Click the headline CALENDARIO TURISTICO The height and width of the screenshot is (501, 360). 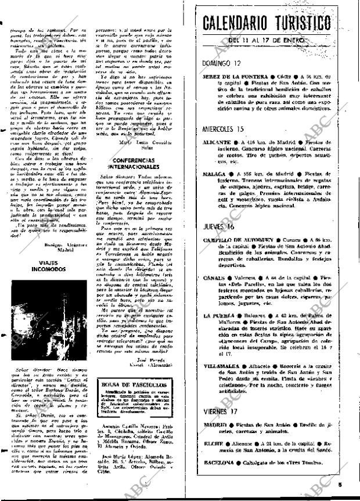[268, 24]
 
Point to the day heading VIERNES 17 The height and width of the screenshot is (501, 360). [221, 412]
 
